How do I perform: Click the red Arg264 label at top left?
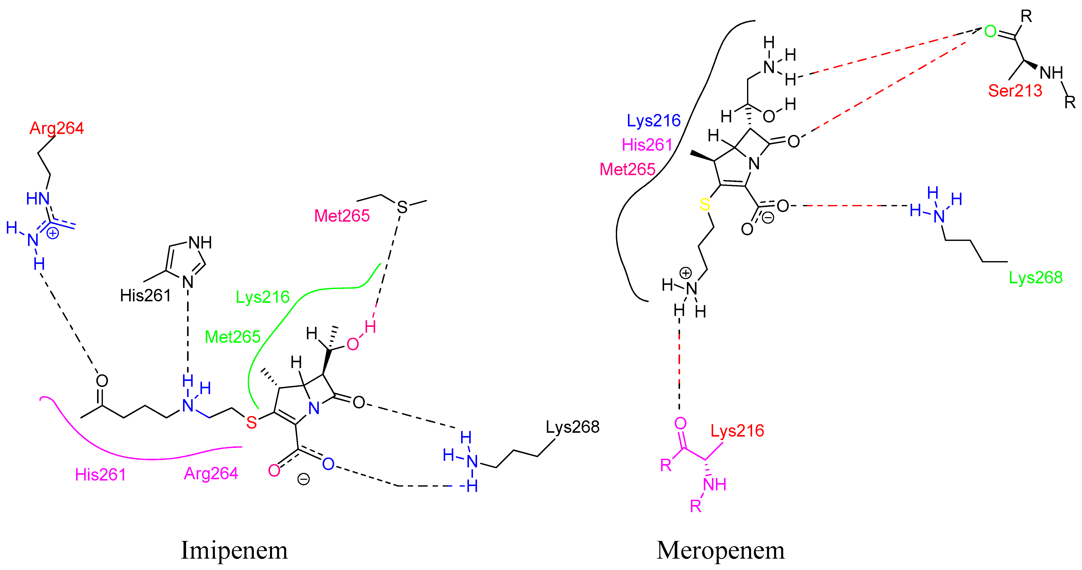57,128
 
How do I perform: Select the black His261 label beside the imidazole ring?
145,296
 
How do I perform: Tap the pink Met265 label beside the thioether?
342,216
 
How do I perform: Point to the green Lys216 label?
262,297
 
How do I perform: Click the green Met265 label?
233,337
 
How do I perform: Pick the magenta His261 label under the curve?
100,475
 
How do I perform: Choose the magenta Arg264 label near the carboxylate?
211,474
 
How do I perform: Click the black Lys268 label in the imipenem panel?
573,427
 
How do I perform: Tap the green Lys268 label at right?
1036,278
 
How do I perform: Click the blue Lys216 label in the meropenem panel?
653,121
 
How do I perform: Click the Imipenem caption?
234,550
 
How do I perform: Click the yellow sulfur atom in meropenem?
705,204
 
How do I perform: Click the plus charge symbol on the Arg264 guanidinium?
53,233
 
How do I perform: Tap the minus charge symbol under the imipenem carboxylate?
303,479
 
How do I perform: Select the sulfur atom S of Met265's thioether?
402,207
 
